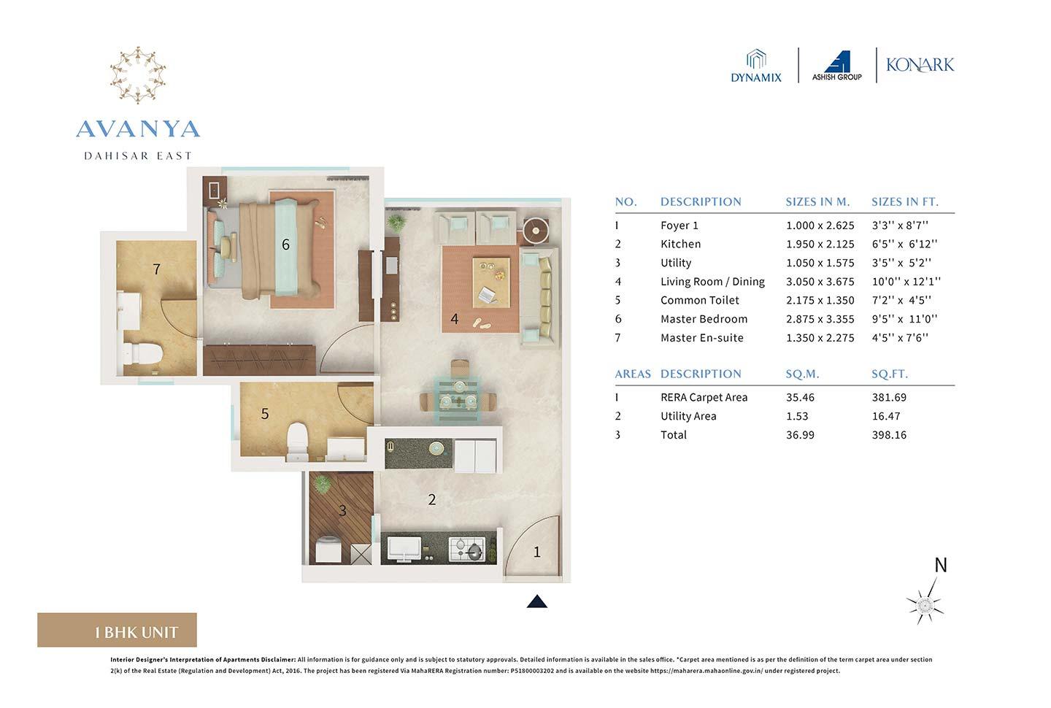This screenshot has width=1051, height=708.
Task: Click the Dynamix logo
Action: tap(756, 66)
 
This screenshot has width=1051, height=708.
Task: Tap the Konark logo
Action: tap(920, 65)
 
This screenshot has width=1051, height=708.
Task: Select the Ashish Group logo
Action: tap(837, 66)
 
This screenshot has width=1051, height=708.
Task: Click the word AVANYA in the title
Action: tap(138, 129)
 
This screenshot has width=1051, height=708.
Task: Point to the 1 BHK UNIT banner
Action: tap(118, 631)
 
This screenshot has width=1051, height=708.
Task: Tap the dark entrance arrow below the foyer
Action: tap(537, 601)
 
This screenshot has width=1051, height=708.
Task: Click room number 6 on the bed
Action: tap(285, 245)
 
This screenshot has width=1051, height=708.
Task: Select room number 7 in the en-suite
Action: tap(156, 269)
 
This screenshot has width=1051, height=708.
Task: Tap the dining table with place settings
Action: tap(458, 400)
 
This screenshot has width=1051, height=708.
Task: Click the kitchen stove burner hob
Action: tap(467, 548)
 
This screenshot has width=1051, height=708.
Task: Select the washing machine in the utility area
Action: tap(327, 549)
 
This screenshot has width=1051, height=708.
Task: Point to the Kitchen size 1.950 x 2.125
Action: tap(820, 244)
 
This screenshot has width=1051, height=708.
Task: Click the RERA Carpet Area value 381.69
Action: tap(888, 397)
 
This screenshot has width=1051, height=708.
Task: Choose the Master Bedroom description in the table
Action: tap(704, 319)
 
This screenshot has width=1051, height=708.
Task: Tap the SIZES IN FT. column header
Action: tap(904, 201)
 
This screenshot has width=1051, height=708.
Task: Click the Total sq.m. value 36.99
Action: tap(800, 434)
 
